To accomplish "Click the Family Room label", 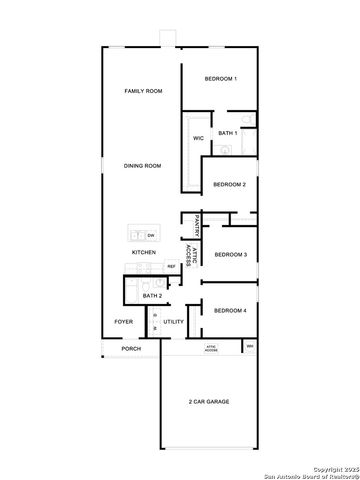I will pos(143,91).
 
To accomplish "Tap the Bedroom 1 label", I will pos(220,79).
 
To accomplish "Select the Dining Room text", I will pos(143,166).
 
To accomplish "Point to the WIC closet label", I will pos(198,138).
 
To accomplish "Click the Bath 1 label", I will pos(227,133).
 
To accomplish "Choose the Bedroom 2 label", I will pos(230,184).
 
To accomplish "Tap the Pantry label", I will pos(199,225).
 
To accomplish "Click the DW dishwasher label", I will pos(151,235).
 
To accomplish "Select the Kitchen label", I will pos(143,253).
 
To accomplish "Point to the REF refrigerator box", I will pos(171,266).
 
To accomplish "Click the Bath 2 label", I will pos(152,296).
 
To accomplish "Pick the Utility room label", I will pos(174,322).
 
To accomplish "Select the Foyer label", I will pos(123,322).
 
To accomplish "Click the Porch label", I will pos(130,349).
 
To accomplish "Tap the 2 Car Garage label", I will pos(208,402).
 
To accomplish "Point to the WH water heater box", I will pos(250,347).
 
